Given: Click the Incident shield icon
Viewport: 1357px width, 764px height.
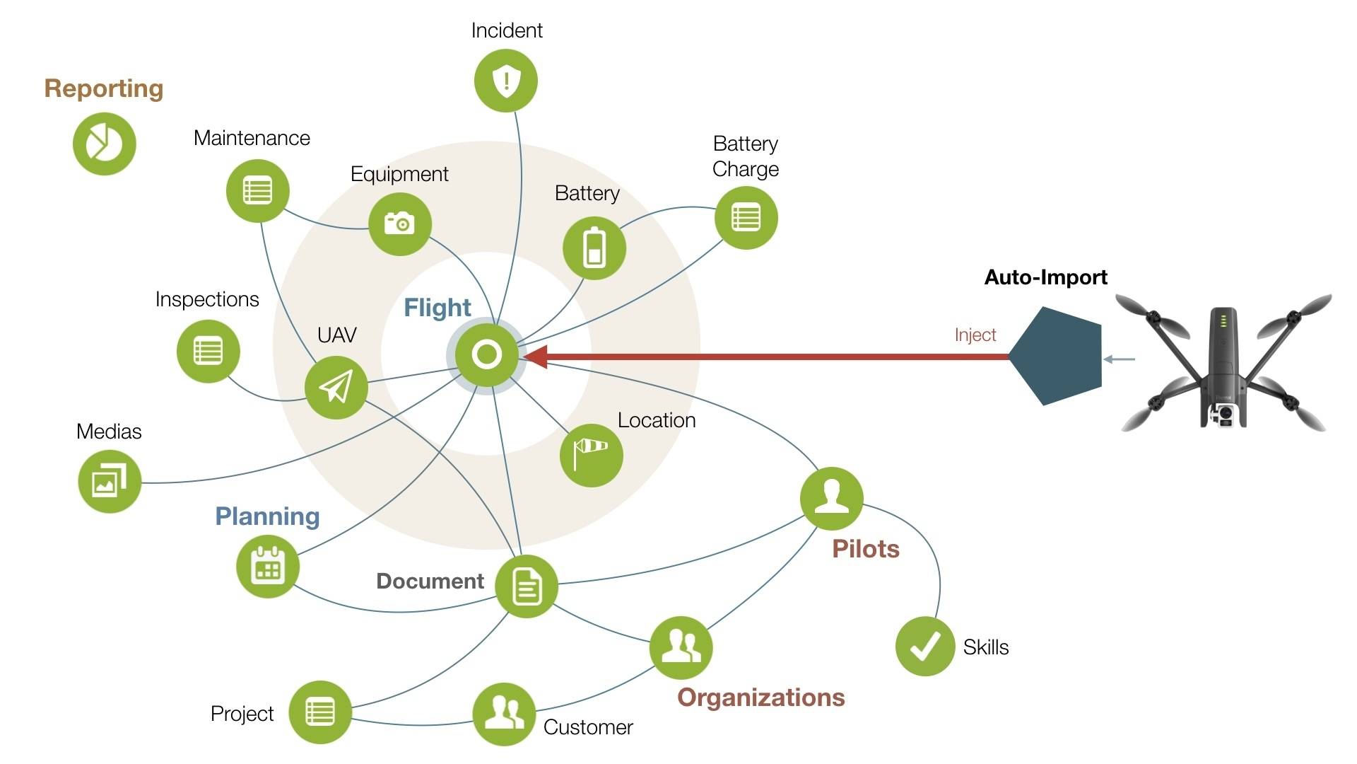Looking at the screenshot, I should click(x=506, y=81).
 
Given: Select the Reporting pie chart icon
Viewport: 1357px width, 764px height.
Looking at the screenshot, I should click(x=105, y=144).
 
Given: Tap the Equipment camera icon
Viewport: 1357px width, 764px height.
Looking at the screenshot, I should click(x=400, y=224).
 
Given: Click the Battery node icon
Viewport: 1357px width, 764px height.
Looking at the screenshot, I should click(x=594, y=248).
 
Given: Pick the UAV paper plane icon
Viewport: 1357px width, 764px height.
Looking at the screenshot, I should click(x=336, y=388).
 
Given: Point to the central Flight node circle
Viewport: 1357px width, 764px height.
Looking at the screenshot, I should click(x=487, y=354).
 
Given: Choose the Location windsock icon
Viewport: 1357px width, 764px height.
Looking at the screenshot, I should click(x=592, y=455).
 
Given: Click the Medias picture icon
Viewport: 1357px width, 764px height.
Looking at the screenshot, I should click(x=110, y=482).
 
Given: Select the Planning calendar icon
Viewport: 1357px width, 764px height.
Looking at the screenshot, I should click(x=268, y=567).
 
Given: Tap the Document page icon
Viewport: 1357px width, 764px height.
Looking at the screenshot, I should click(x=527, y=586).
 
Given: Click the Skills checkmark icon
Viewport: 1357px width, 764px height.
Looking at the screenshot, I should click(x=925, y=646).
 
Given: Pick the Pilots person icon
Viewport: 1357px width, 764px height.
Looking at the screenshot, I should click(x=832, y=498).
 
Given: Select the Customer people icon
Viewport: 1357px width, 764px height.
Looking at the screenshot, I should click(x=504, y=714).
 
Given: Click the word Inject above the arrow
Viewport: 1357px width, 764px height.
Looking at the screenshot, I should click(x=975, y=335).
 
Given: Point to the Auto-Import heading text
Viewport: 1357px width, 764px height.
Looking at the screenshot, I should click(x=1045, y=277).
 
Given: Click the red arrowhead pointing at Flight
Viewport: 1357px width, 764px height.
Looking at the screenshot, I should click(x=537, y=357).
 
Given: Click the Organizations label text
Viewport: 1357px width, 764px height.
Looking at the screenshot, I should click(x=760, y=698).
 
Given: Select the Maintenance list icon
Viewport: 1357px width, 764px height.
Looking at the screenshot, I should click(x=257, y=191).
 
